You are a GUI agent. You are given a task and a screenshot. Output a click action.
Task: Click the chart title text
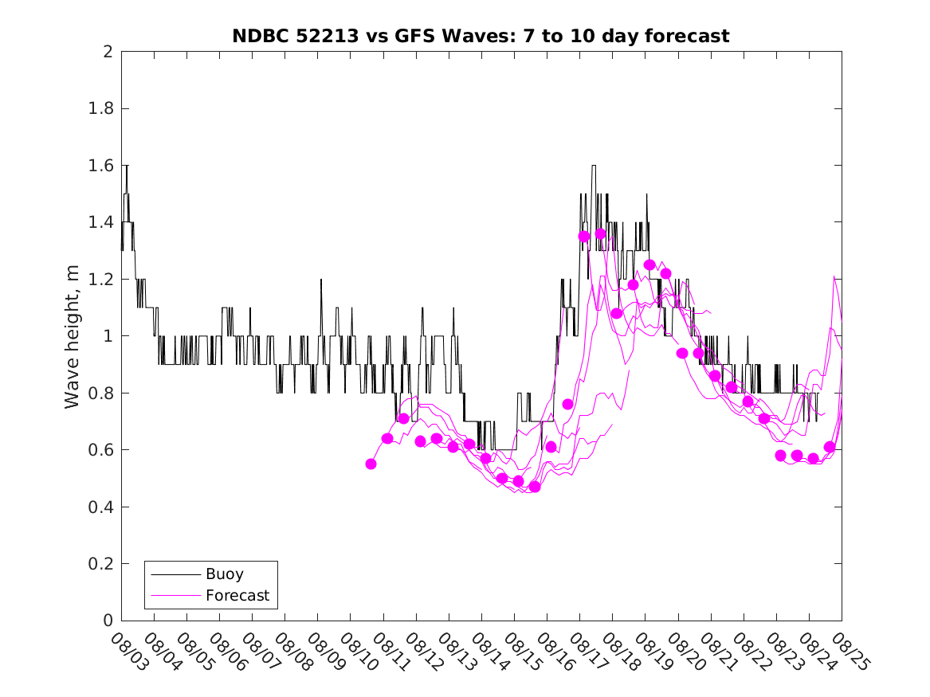pyautogui.click(x=481, y=37)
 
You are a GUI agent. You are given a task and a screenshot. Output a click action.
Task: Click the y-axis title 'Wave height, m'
pyautogui.click(x=73, y=337)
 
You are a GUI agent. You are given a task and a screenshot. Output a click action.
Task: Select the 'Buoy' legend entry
pyautogui.click(x=224, y=574)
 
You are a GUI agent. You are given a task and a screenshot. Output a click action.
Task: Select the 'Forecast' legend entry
pyautogui.click(x=237, y=595)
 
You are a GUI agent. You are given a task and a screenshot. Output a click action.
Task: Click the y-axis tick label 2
pyautogui.click(x=108, y=52)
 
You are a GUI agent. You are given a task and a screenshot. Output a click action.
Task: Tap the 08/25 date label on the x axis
pyautogui.click(x=846, y=652)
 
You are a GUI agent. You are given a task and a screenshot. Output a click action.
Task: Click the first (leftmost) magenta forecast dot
pyautogui.click(x=371, y=464)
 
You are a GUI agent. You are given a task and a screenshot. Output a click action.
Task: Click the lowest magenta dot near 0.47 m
pyautogui.click(x=534, y=486)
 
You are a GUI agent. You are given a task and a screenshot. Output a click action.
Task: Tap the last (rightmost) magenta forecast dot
pyautogui.click(x=830, y=447)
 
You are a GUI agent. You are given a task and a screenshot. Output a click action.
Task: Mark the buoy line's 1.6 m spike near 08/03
pyautogui.click(x=126, y=166)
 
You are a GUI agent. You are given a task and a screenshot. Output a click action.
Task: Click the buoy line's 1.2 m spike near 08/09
pyautogui.click(x=321, y=280)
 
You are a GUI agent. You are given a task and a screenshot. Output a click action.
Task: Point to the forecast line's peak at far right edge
pyautogui.click(x=834, y=276)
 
